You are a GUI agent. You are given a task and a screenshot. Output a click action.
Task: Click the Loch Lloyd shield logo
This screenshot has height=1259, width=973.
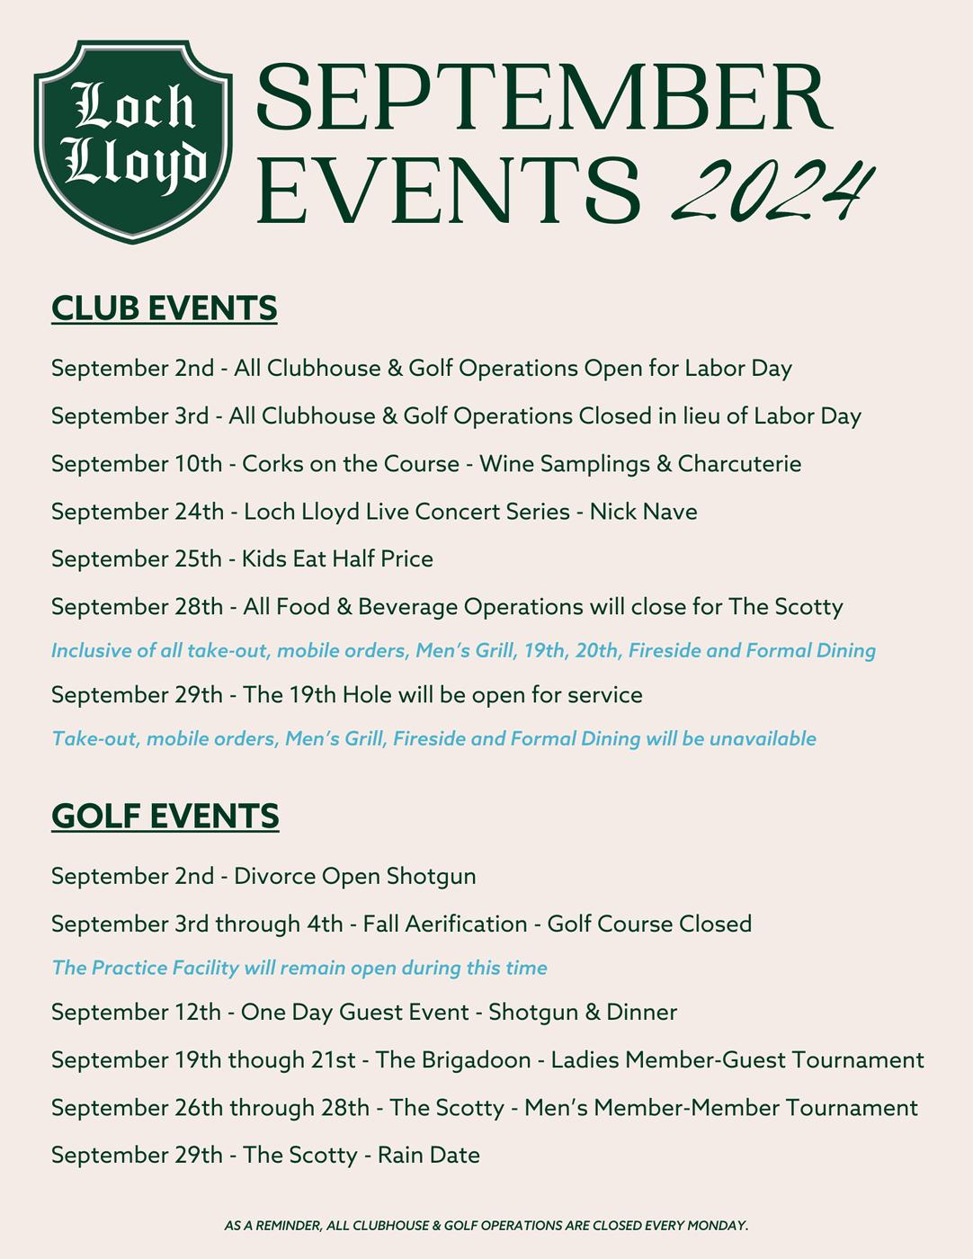(x=133, y=140)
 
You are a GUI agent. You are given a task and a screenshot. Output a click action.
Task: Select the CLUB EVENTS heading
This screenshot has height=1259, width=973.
(x=165, y=308)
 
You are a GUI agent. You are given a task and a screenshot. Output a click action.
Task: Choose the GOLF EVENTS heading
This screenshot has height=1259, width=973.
(x=165, y=817)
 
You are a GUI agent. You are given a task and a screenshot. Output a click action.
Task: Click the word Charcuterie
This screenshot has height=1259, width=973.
(x=739, y=464)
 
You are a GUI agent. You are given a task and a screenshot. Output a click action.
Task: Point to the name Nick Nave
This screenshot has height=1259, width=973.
(x=643, y=512)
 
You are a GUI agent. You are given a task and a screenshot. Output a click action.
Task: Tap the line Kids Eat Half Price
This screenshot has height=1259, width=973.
(x=337, y=559)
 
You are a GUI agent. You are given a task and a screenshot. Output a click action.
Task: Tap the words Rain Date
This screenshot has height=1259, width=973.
(x=428, y=1155)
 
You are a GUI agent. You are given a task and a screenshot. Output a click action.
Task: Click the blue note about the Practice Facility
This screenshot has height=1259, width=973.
(x=299, y=968)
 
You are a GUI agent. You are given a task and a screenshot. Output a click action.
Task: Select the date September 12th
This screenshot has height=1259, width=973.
(x=136, y=1013)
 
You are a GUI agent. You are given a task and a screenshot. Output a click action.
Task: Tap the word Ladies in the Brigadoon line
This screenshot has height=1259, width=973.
(x=585, y=1060)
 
